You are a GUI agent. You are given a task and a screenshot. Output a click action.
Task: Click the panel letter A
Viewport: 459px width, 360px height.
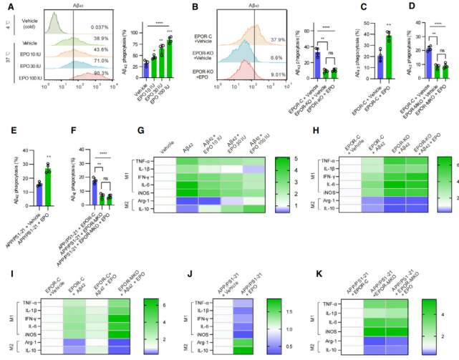[5, 6]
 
